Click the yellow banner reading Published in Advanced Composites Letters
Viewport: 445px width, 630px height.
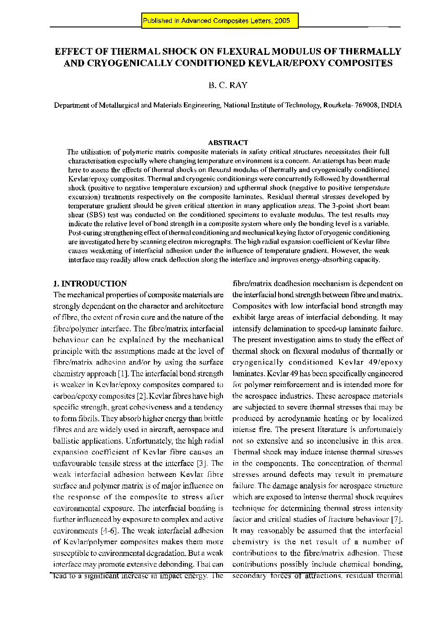tap(219, 21)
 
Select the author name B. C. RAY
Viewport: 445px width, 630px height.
tap(227, 85)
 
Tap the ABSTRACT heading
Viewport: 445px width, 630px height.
tap(228, 142)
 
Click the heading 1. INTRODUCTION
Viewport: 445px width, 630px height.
tap(90, 283)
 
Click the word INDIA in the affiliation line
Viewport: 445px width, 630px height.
tap(391, 106)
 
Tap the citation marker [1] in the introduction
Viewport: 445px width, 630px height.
tap(123, 374)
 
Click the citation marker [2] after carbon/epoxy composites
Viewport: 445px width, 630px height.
tap(142, 396)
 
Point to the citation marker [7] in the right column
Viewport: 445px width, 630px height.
tap(397, 520)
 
